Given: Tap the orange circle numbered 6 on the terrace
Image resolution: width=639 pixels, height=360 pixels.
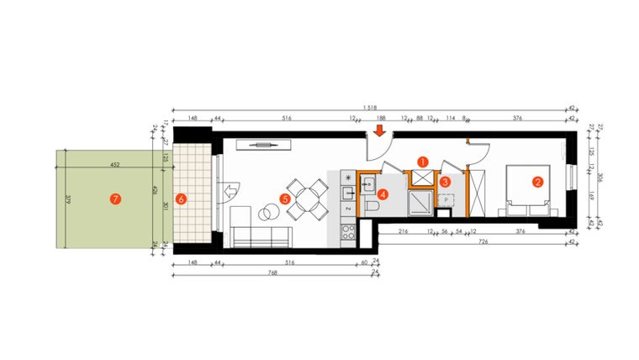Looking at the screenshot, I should click(x=179, y=199).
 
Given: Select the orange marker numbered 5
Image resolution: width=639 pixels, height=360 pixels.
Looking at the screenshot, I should click(x=284, y=199).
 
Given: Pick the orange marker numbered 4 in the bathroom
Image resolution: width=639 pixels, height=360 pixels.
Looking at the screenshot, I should click(x=383, y=193).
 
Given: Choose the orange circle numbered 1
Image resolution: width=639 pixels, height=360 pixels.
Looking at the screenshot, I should click(x=423, y=160).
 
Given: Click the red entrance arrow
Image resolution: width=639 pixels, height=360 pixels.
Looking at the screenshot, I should click(x=379, y=130).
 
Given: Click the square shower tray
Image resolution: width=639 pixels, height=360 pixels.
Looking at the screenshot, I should click(x=420, y=201).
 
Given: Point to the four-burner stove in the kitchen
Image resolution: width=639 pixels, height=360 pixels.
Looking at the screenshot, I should click(x=345, y=230).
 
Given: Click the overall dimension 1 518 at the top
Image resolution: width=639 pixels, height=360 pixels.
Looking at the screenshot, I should click(x=370, y=108).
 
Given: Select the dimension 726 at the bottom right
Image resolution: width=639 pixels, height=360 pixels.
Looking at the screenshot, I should click(x=483, y=241).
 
